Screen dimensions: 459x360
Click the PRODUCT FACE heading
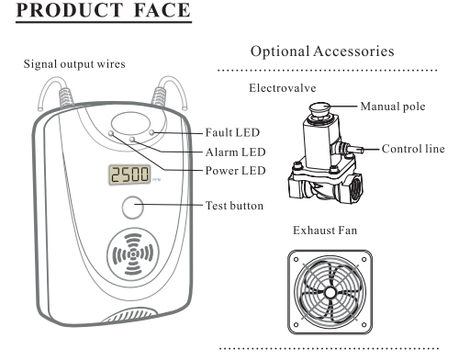coord(104,10)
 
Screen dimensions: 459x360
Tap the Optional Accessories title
coord(322,51)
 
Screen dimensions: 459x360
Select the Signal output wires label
coord(74,64)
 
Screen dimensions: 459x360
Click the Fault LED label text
coord(232,132)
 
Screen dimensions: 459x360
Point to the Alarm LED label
coord(235,152)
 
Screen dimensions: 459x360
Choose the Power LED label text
coord(235,171)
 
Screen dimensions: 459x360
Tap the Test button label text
coord(234,206)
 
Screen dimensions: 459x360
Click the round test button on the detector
coord(133,208)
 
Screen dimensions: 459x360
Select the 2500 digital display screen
coord(129,174)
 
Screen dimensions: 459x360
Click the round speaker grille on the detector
coord(133,254)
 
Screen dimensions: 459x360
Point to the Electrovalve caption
coord(282,88)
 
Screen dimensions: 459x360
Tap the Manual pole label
coord(393,107)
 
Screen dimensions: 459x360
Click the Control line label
coord(413,149)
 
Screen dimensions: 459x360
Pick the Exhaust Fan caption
coord(325,231)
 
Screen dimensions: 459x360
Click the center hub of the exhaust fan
coord(330,293)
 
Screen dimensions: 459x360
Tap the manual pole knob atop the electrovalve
coord(319,108)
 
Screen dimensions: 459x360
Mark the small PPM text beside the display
coord(156,180)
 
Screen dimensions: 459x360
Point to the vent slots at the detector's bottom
coord(129,316)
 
